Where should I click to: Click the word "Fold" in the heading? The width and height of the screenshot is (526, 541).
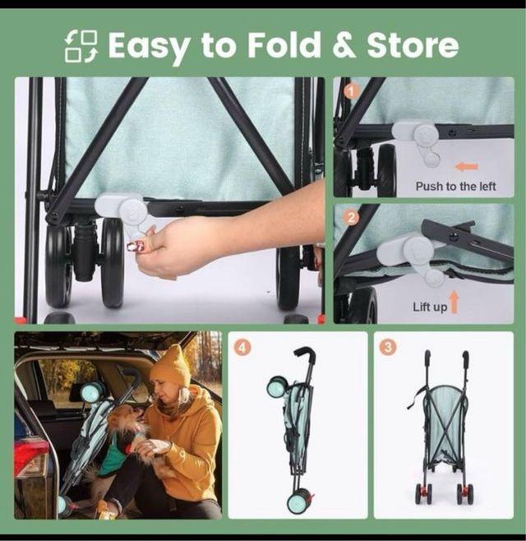284,45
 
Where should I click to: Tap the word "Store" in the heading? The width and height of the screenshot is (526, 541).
413,45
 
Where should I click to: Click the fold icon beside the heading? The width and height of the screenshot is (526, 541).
81,46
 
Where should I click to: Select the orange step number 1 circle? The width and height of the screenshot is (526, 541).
352,92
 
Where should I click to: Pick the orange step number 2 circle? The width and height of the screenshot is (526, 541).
352,218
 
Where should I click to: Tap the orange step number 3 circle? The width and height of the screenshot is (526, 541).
388,347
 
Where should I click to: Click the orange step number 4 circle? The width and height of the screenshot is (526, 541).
242,348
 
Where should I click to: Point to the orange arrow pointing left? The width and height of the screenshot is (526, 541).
467,167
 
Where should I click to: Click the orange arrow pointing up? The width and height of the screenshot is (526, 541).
454,303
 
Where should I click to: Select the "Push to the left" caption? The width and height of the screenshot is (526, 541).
455,187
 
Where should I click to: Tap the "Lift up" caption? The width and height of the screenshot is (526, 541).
430,307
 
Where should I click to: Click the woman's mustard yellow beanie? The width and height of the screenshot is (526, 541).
172,367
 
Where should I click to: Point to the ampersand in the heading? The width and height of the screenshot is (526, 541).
344,45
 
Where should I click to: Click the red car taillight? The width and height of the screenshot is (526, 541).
30,459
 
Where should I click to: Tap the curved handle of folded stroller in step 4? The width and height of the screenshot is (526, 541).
305,354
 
